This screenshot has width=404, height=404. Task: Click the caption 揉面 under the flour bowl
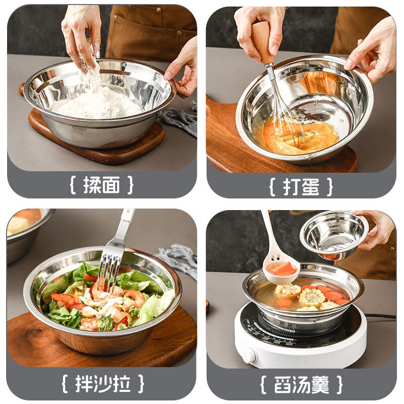click(102, 185)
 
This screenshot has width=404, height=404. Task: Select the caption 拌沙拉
click(103, 384)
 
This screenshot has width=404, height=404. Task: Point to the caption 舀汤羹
click(301, 384)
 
